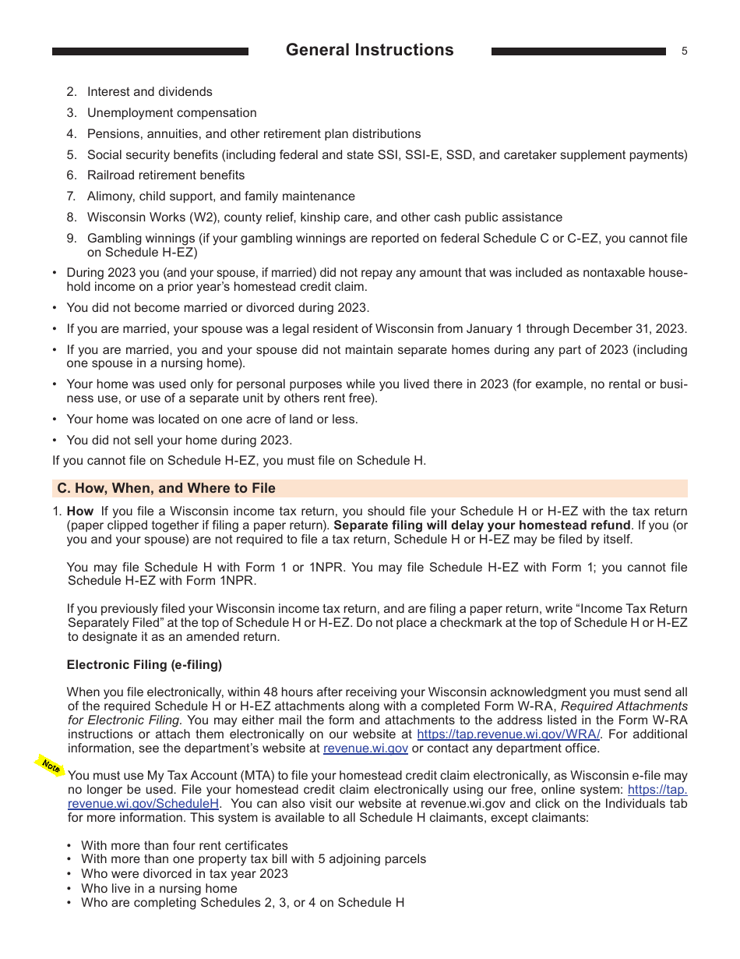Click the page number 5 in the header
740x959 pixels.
684,51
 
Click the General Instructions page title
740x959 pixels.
369,50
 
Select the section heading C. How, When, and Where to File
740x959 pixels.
166,488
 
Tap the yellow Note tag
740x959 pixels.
51,766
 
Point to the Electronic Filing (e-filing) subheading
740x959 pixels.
144,665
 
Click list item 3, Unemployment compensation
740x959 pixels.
171,113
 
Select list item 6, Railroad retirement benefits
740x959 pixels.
165,175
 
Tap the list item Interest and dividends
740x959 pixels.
150,92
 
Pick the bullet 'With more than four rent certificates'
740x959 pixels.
184,845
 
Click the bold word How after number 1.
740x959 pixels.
79,511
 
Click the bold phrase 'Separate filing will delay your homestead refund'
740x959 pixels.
481,526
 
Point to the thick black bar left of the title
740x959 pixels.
150,51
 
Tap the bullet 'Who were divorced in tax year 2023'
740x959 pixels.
184,874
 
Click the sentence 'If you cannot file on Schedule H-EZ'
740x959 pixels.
238,460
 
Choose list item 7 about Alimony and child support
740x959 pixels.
220,196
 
